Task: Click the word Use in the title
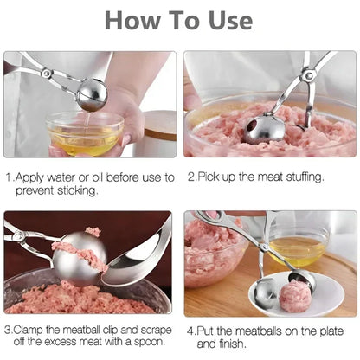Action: click(x=231, y=20)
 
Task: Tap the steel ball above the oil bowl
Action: click(x=93, y=94)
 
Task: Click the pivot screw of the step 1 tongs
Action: click(x=46, y=73)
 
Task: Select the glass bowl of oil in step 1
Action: click(x=86, y=133)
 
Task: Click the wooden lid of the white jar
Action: click(x=160, y=125)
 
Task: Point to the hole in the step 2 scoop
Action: click(x=253, y=126)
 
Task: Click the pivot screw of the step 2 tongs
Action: click(x=308, y=75)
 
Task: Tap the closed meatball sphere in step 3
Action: click(x=80, y=259)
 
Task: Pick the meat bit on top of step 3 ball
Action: click(x=93, y=231)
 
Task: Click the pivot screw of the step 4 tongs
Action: click(x=263, y=247)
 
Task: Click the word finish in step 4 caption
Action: click(x=230, y=344)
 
